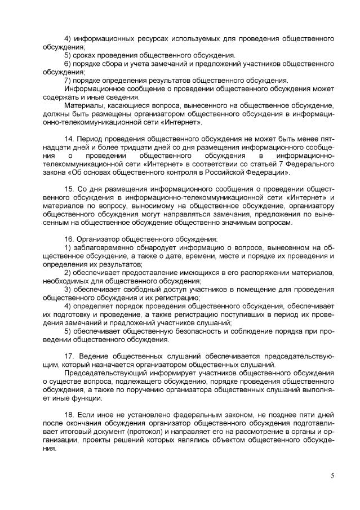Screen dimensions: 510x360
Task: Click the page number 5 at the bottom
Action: coord(332,476)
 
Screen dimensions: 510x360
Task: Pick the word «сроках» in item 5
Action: coord(86,55)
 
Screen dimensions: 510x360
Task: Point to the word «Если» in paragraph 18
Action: coord(87,415)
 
